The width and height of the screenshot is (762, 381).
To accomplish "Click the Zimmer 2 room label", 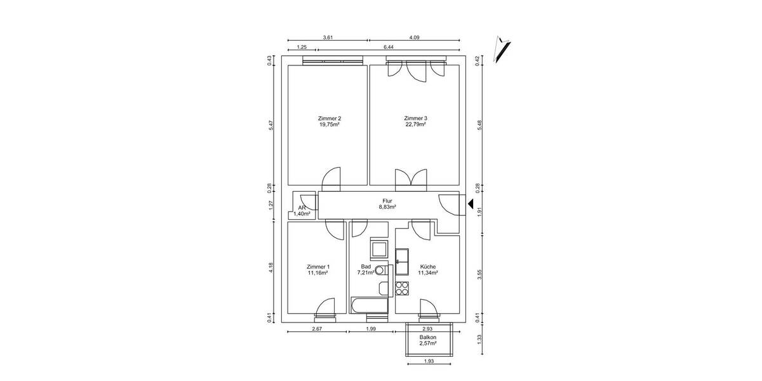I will tap(329, 118).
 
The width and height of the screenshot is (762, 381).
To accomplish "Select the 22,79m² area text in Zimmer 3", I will tap(415, 125).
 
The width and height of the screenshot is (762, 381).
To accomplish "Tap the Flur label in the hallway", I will tap(387, 200).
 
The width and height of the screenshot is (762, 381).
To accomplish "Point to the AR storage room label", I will tap(302, 208).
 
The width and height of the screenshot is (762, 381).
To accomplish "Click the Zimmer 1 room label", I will tap(317, 266).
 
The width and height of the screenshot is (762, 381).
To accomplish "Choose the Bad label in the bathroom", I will tap(366, 266).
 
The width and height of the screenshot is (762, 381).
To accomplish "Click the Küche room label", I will tap(427, 266).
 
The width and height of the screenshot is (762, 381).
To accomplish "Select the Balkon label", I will tap(427, 337).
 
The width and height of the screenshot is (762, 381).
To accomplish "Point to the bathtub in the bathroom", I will tap(368, 307).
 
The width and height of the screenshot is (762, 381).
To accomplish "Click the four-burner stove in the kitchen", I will tap(402, 289).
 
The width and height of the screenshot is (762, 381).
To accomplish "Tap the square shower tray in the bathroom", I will tap(379, 248).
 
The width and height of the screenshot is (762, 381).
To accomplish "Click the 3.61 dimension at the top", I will tap(328, 38).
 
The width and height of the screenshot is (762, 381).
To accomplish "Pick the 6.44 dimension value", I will tap(388, 48).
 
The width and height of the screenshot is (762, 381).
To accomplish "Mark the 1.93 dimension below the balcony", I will tap(429, 362).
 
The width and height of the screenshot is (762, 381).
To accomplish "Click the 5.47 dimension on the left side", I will tap(271, 126).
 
